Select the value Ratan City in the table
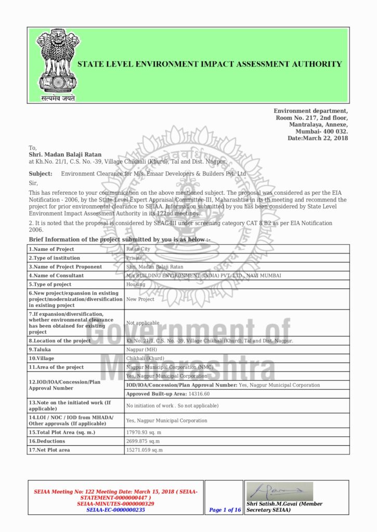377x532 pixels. (x=138, y=249)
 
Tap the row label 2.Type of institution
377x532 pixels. (x=55, y=258)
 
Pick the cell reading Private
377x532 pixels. (x=134, y=258)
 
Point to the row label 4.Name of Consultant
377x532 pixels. (x=56, y=276)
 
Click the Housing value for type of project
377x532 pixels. (x=136, y=285)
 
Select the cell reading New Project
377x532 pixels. (x=140, y=299)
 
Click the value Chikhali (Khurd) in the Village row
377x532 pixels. (x=145, y=358)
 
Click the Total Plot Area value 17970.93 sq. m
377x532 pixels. (x=144, y=432)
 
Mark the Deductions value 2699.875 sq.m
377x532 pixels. (x=143, y=441)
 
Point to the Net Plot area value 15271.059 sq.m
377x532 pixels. (x=145, y=450)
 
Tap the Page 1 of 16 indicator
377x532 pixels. (x=225, y=510)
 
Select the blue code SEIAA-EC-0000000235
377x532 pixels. (x=115, y=510)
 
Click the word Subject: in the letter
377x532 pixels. (x=41, y=174)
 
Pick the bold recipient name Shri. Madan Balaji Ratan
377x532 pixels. (x=65, y=154)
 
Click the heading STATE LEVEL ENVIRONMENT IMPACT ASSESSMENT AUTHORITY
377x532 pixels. (x=210, y=64)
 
